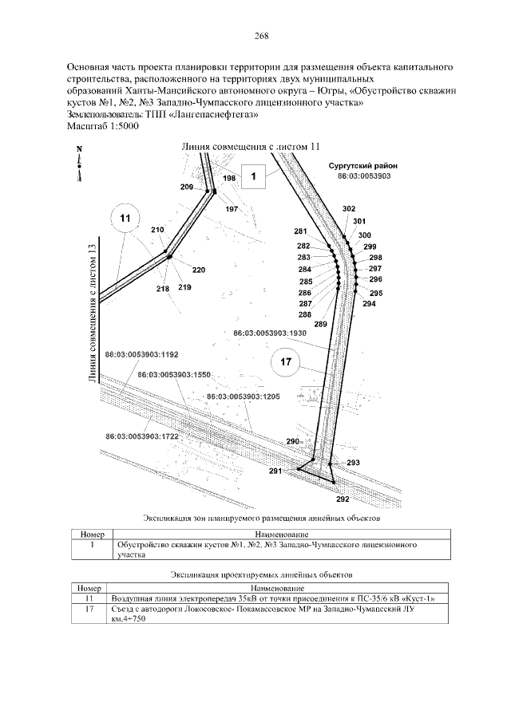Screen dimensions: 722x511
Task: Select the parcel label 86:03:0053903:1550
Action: [x=173, y=374]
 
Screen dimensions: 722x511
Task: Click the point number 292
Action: [x=343, y=499]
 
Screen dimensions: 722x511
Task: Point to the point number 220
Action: [x=198, y=270]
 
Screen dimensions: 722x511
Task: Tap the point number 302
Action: [x=348, y=208]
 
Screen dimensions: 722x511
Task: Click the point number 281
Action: [x=300, y=231]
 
